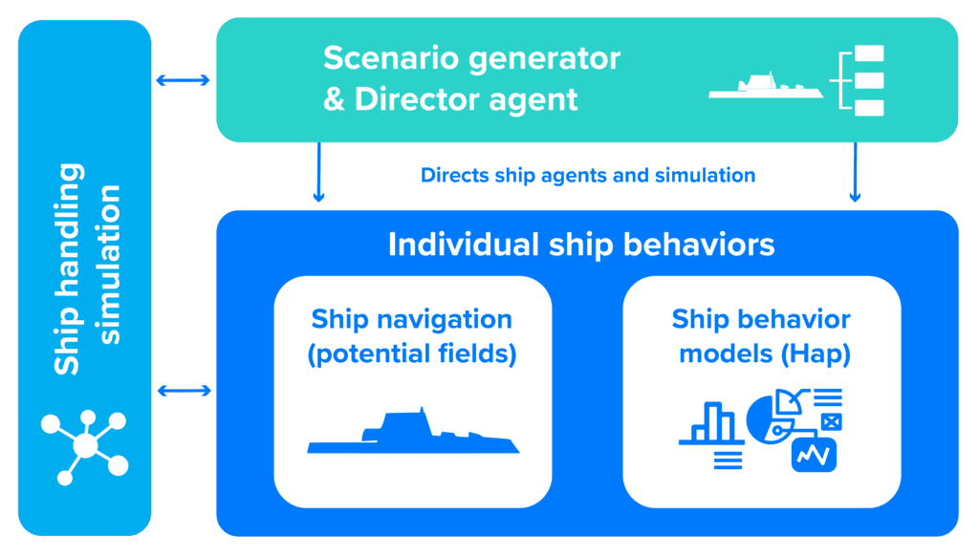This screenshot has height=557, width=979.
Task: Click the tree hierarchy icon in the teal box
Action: click(858, 80)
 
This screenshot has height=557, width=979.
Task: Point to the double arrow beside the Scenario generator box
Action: click(183, 80)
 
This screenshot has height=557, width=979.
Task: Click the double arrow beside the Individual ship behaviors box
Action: click(185, 391)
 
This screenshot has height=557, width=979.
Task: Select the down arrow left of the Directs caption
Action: click(318, 172)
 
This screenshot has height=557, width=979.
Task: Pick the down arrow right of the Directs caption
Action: click(856, 172)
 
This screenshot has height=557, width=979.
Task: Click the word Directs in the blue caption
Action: click(454, 175)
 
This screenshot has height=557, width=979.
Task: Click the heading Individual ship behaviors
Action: click(581, 244)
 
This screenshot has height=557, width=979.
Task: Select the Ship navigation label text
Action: click(411, 319)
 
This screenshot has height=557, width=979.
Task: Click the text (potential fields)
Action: click(412, 353)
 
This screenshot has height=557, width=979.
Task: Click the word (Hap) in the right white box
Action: click(816, 353)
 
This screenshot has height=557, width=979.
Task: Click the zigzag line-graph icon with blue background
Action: click(814, 455)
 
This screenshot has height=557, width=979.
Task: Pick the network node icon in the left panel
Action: click(85, 446)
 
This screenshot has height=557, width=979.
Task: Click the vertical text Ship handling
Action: click(68, 268)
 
